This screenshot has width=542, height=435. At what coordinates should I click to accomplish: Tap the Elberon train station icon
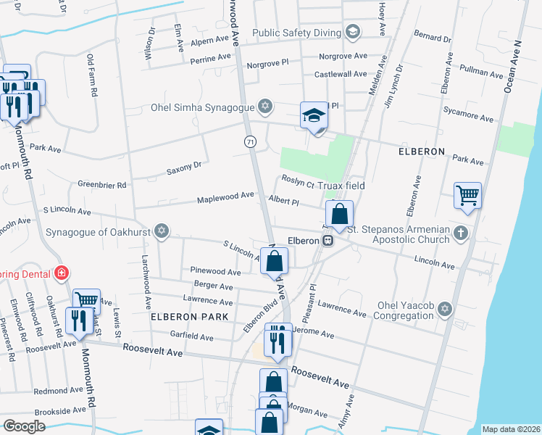point(328,240)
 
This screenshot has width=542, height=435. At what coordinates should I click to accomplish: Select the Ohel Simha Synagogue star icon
point(265,107)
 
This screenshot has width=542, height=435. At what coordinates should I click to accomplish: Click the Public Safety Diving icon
point(352,32)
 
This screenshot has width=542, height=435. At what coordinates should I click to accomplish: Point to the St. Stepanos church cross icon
point(461,233)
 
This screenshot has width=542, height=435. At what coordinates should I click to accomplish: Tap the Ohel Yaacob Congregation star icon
point(445,310)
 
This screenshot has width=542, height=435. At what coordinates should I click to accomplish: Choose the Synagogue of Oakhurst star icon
point(161,232)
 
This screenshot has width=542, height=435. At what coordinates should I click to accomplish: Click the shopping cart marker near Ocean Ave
point(467,195)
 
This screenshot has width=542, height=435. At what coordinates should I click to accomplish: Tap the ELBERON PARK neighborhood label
point(189,317)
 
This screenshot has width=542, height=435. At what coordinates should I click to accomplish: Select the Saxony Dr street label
point(183,168)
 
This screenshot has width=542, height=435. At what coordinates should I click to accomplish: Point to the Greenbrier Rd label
point(101,186)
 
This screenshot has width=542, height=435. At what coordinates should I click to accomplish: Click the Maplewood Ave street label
point(228,195)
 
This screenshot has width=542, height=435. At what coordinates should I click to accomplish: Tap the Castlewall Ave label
point(340,74)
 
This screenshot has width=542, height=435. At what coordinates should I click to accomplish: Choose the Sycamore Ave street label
point(471,117)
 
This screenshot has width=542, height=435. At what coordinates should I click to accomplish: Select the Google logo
point(24,426)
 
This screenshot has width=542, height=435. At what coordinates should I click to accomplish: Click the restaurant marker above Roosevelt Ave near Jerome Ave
point(278,338)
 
